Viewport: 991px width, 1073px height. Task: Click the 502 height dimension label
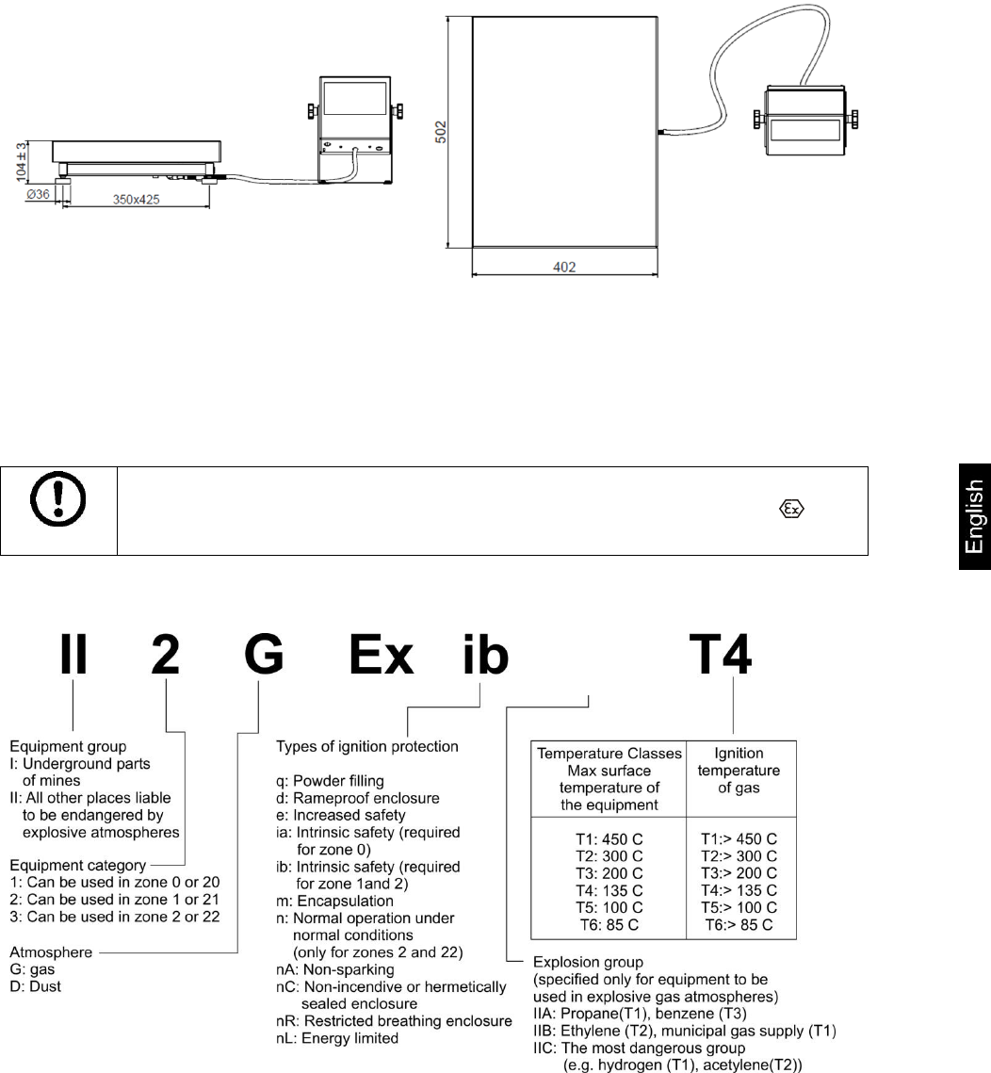click(441, 132)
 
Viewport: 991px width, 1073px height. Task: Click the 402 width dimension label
click(564, 267)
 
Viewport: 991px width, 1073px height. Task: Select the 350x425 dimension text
click(137, 199)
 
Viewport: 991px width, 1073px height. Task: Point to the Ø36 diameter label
click(38, 194)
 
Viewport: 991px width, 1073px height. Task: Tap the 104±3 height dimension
click(22, 161)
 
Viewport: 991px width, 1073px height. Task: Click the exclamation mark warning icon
click(58, 498)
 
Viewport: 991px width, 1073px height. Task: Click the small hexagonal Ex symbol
click(792, 509)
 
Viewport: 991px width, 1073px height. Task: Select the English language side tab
click(975, 516)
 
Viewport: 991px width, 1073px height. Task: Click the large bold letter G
click(264, 654)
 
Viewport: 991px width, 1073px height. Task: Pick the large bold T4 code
click(721, 654)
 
